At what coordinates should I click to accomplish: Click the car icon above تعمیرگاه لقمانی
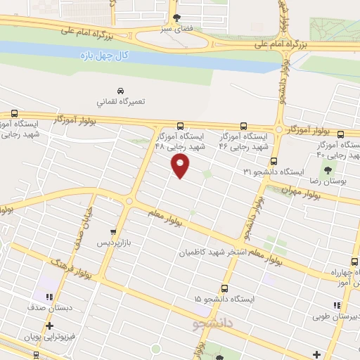click(x=121, y=91)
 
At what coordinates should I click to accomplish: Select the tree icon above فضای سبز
click(x=177, y=18)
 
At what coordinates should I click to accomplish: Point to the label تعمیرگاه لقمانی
click(x=121, y=102)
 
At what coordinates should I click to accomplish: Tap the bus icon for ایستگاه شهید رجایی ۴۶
click(x=243, y=124)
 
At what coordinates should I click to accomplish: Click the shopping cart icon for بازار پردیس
click(x=112, y=231)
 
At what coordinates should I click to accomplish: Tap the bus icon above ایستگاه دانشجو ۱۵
click(x=224, y=288)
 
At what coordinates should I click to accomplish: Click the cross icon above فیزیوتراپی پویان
click(x=49, y=326)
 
